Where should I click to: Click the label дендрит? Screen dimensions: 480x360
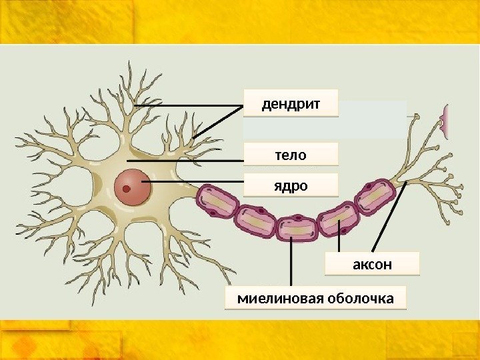point(291,104)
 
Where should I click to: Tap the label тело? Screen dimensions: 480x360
point(291,155)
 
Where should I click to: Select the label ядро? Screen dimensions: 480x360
point(291,185)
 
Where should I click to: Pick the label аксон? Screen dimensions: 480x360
point(372,264)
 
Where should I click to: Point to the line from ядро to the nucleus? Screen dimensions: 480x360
point(193,182)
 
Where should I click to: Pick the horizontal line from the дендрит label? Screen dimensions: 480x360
point(187,106)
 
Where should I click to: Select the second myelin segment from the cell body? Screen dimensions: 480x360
point(256,221)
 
